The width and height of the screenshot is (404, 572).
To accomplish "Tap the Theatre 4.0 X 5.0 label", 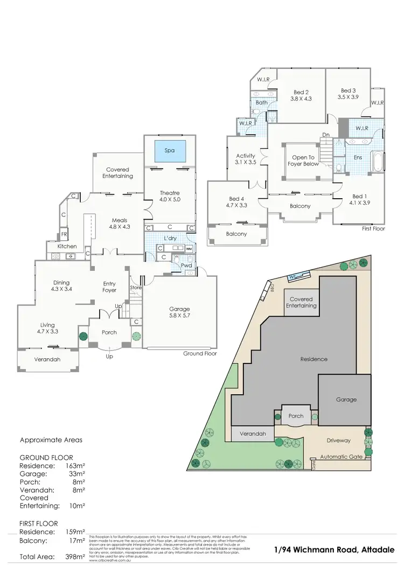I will coord(170,197).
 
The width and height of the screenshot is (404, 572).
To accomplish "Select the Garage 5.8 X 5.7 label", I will coord(179,312).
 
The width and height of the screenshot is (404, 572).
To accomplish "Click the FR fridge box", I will coord(64,235).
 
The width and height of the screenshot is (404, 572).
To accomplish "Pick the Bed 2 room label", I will coord(301,95).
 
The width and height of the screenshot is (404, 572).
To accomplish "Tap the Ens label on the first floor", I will coord(358,158).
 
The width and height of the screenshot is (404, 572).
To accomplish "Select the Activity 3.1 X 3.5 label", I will coord(246,159).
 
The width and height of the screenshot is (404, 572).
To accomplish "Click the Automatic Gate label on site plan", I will coord(343,457).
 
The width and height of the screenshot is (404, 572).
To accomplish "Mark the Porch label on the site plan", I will coord(296,416).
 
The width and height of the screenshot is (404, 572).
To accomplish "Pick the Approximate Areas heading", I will coord(51,440).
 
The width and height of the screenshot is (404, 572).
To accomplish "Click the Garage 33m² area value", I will coord(78,474).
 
